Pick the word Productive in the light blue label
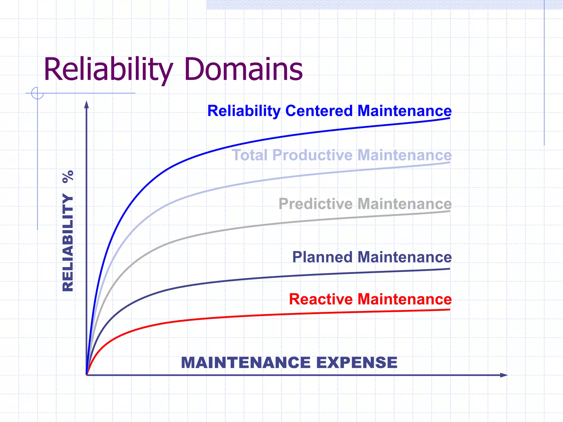[x=312, y=156]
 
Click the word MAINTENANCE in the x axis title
[x=246, y=363]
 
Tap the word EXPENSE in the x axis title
[x=357, y=363]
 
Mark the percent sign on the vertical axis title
[x=68, y=177]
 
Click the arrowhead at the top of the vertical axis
[x=86, y=104]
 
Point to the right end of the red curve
[x=449, y=310]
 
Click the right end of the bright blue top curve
[x=449, y=118]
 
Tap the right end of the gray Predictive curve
[x=449, y=211]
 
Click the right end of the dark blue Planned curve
[x=449, y=269]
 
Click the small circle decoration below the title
[x=37, y=93]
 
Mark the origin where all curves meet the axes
[x=87, y=375]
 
